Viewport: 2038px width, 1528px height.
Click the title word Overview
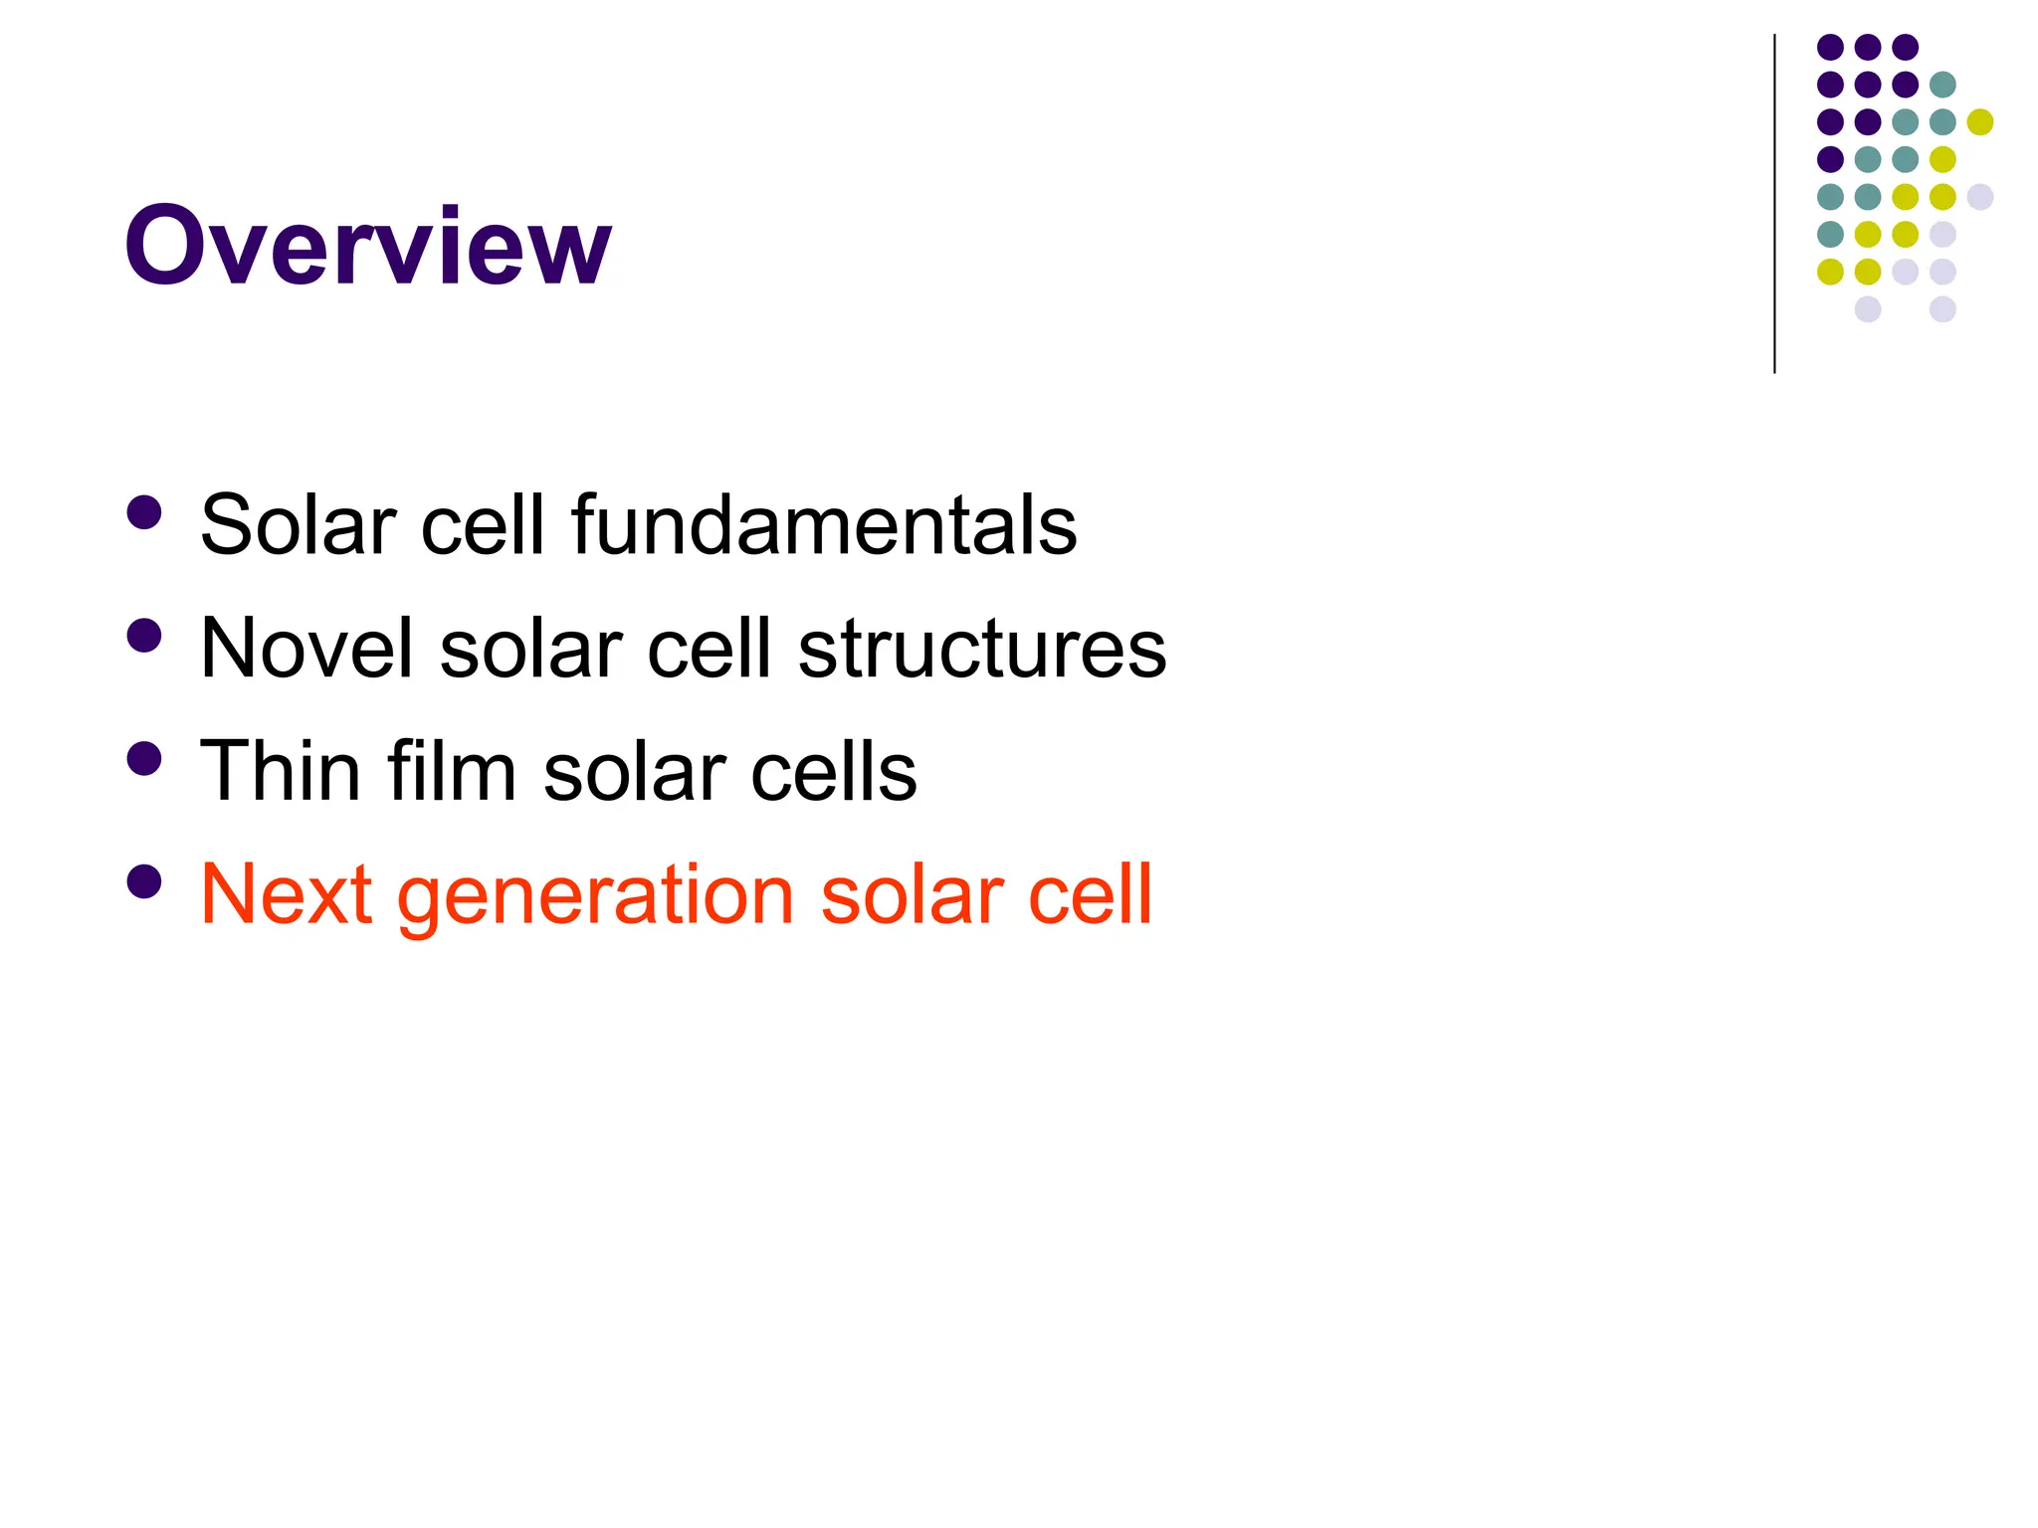(367, 246)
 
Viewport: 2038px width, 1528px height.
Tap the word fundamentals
(824, 524)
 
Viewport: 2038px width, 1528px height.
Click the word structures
(982, 648)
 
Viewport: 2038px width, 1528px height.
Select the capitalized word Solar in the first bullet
(298, 524)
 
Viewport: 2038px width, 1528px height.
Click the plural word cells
(834, 771)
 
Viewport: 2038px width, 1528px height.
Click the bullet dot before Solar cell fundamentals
(145, 513)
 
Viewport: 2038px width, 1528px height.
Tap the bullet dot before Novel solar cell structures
(145, 637)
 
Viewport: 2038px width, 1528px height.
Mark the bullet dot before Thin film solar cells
(145, 759)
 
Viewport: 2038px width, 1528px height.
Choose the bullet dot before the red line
(145, 882)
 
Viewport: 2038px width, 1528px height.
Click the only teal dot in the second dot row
(1942, 85)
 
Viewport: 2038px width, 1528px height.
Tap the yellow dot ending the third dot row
(1980, 122)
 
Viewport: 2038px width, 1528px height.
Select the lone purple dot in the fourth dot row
(1830, 159)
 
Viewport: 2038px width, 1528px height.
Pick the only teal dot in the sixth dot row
(1830, 234)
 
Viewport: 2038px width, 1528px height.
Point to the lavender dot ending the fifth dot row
(1980, 197)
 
